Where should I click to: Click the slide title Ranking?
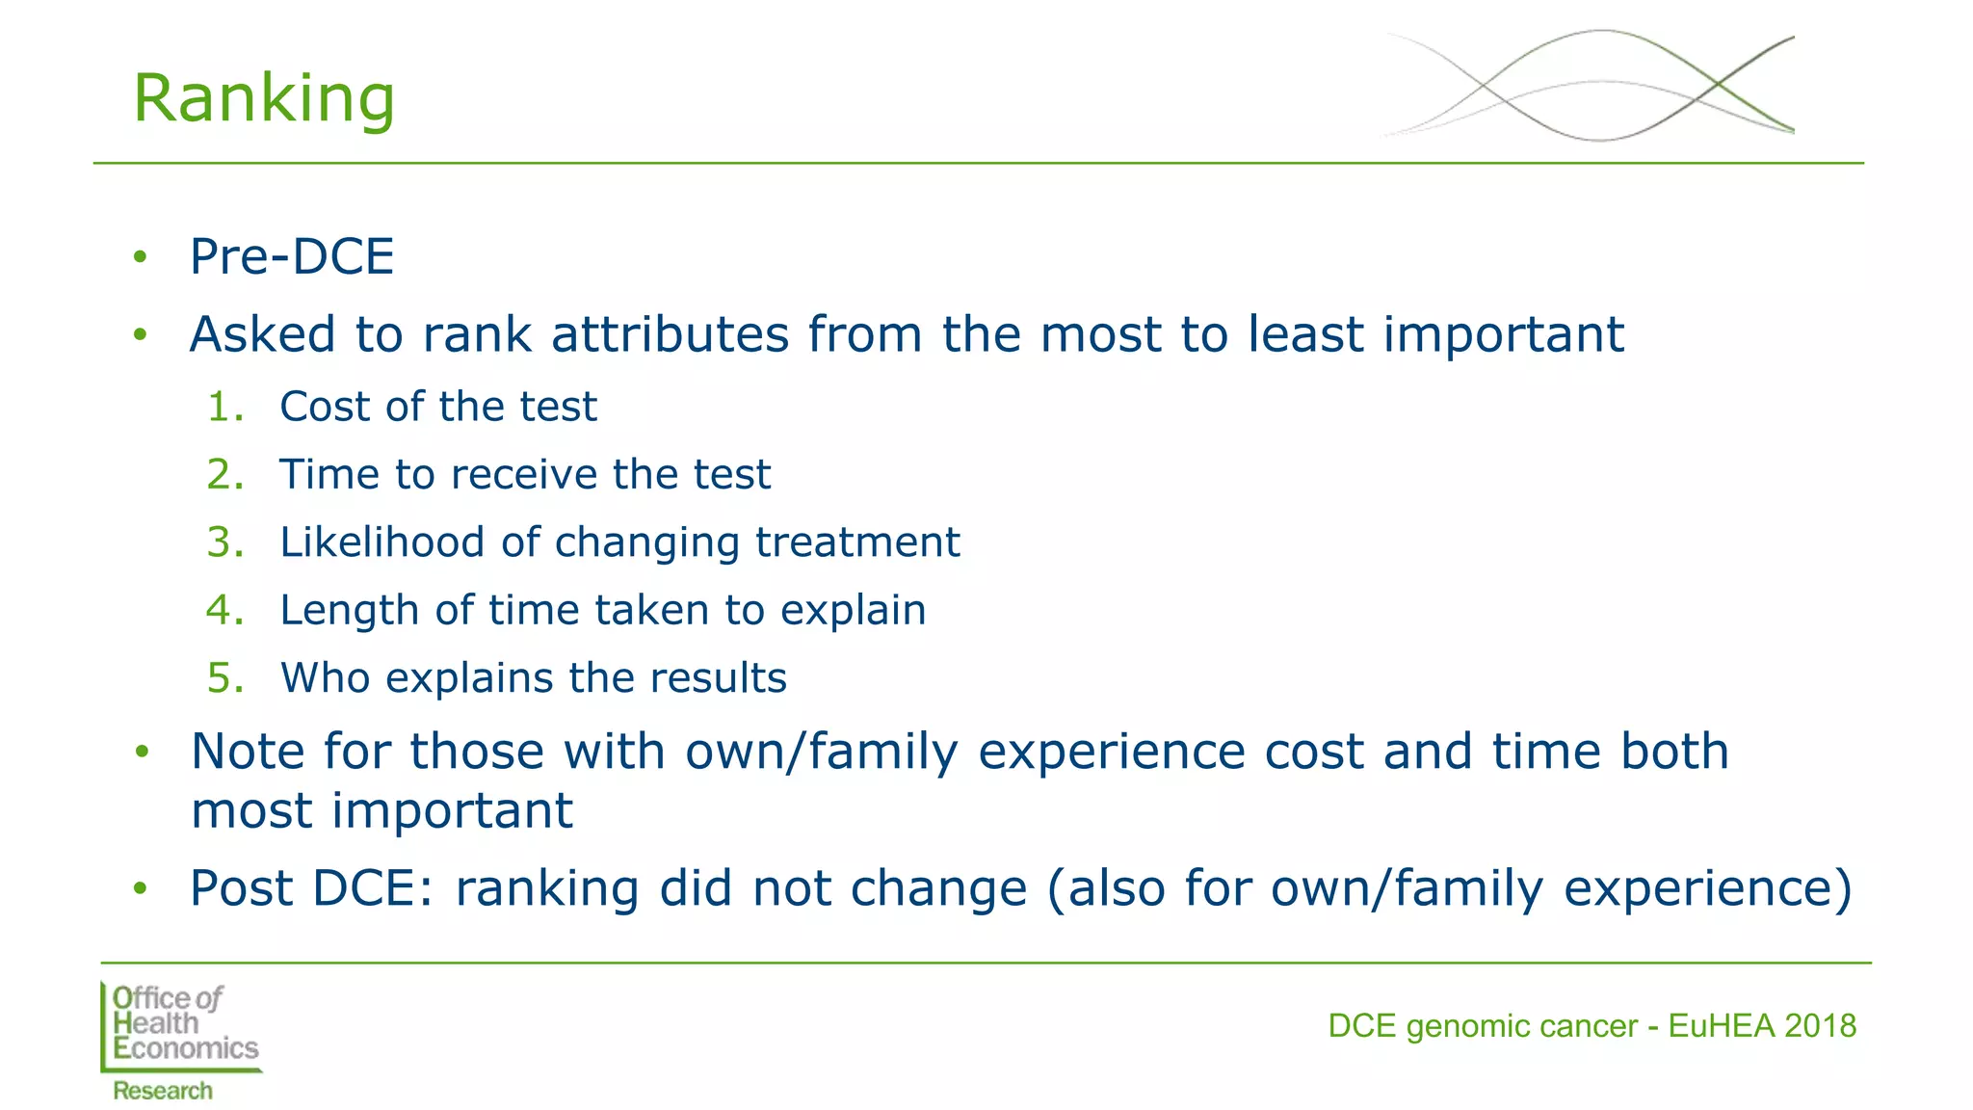[x=263, y=98]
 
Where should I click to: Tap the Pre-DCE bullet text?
[x=292, y=257]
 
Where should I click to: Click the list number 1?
[x=224, y=407]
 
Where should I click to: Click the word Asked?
[x=262, y=334]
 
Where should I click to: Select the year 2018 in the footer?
[x=1819, y=1026]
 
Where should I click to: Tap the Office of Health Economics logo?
[x=181, y=1024]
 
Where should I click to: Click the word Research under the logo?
[x=162, y=1091]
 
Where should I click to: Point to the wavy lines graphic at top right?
[x=1590, y=85]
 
